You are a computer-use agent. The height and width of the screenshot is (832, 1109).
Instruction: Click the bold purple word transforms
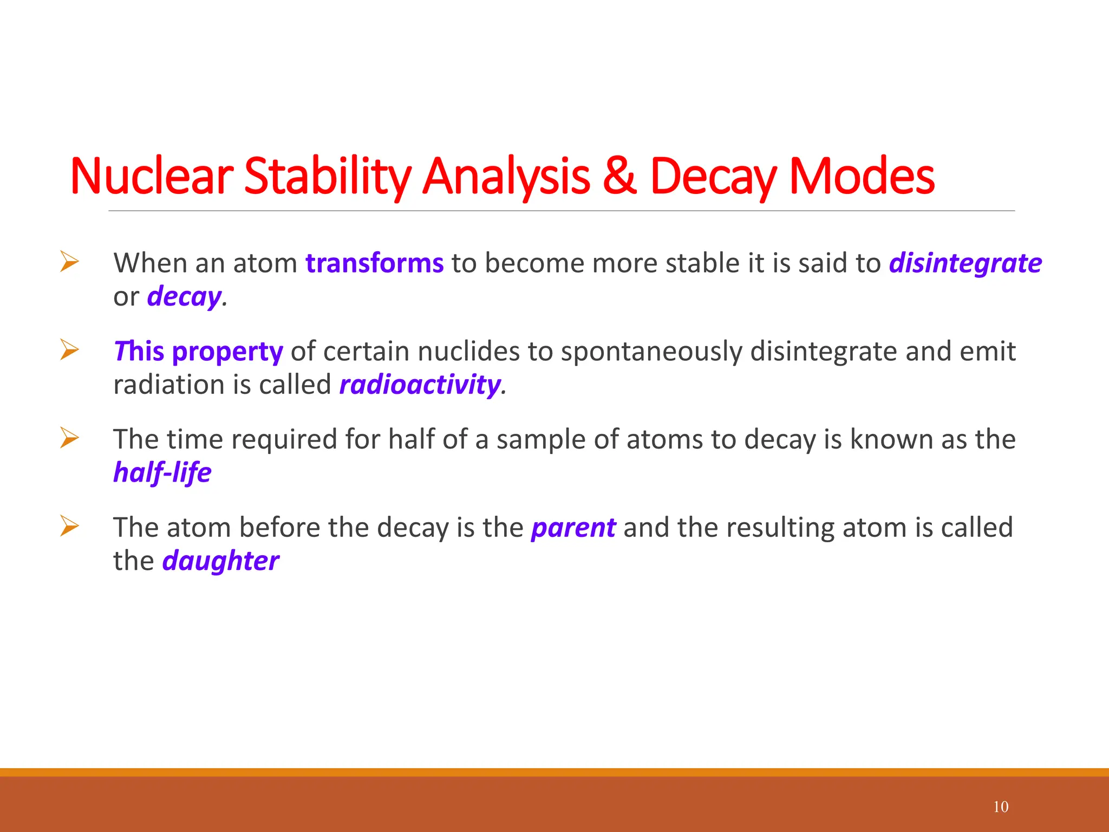coord(374,263)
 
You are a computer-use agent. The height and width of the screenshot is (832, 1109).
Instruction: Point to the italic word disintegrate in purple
coord(965,263)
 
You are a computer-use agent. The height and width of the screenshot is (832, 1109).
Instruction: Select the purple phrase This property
coord(198,352)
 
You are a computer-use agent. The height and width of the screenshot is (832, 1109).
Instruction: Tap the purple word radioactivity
coord(420,385)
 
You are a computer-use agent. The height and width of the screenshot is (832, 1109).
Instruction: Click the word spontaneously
coord(651,352)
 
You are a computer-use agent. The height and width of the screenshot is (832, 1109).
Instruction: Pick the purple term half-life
coord(162,472)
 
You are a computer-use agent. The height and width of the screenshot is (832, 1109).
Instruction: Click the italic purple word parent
coord(573,528)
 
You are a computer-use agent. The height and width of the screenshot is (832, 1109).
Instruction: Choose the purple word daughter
coord(220,561)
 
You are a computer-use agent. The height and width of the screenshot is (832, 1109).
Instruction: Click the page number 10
coord(1001,807)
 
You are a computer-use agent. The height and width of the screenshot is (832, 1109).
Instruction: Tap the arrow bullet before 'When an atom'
coord(69,262)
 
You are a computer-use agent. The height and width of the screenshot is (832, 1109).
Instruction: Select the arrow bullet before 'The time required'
coord(69,438)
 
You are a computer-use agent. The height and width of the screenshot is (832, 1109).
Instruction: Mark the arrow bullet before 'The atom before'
coord(69,526)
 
